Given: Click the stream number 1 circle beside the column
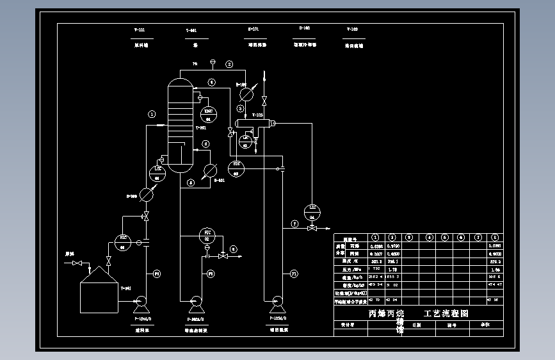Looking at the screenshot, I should coord(152,114).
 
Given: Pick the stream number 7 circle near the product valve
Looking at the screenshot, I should coord(294,224).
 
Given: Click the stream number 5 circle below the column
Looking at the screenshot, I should coord(191,183).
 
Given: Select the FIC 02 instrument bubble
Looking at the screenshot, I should coord(207,234).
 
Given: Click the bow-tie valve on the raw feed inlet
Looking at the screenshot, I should coord(77,263).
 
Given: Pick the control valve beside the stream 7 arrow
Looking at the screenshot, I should coord(312,226).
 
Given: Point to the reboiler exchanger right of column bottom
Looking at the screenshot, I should coord(209,170).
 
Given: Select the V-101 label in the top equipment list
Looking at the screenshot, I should coord(139,30).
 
